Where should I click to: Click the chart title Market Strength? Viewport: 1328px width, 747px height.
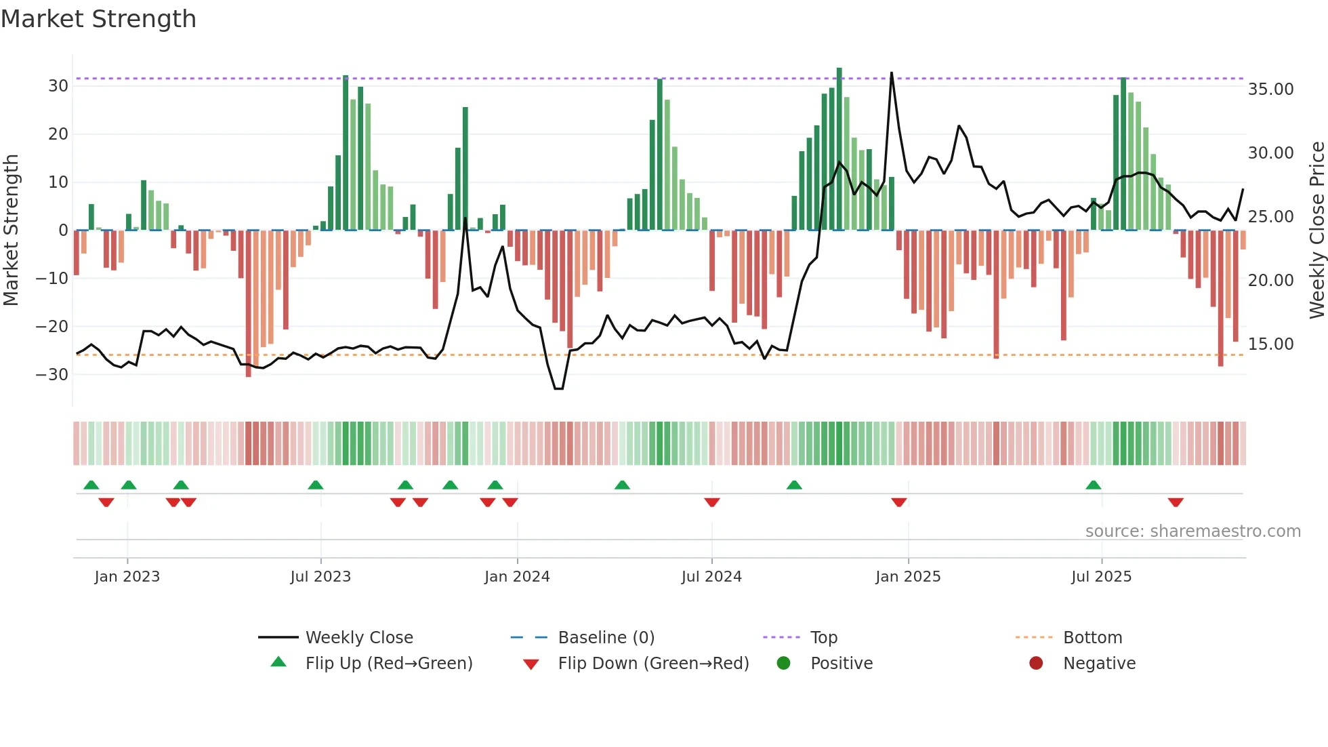pos(98,19)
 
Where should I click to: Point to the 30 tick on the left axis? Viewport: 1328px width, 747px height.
pos(58,86)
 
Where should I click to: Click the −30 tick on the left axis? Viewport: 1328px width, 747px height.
pos(52,374)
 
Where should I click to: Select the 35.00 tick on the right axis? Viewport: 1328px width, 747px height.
pos(1270,89)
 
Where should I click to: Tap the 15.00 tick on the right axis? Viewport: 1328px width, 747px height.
pos(1270,344)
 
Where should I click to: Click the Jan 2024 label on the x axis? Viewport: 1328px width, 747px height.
pos(517,577)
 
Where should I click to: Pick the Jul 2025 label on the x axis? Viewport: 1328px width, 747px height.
pos(1101,577)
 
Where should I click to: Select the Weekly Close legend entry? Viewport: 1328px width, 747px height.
pos(358,638)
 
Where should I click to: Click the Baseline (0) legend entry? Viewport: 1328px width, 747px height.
pos(606,638)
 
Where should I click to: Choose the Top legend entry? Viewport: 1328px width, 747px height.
pos(824,638)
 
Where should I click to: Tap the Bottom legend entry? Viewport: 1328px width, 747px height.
pos(1092,638)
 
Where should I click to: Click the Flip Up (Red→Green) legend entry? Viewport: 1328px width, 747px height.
pos(388,664)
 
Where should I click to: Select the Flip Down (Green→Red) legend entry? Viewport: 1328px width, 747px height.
pos(653,664)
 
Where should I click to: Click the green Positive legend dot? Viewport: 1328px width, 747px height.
pos(784,664)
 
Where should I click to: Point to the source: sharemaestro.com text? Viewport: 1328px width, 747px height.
pos(1192,531)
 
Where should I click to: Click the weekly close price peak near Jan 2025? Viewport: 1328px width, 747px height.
pos(892,73)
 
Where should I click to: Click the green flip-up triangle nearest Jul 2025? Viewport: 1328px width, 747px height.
pos(1093,485)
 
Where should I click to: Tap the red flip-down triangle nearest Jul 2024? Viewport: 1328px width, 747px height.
pos(711,502)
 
